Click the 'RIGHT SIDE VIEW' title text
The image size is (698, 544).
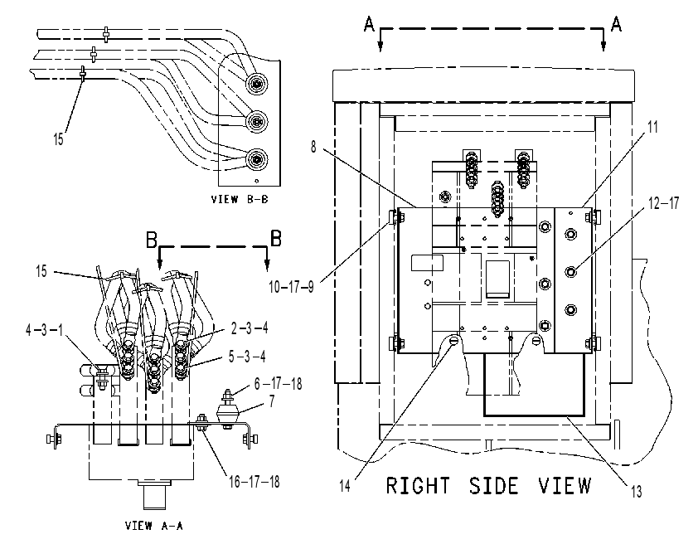coord(488,485)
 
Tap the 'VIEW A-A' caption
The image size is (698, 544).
coord(154,526)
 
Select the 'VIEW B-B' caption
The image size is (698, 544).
coord(240,199)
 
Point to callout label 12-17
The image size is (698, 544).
coord(663,203)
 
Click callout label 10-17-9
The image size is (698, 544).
coord(291,287)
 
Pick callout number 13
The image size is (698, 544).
coord(637,491)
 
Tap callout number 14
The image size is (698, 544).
coord(345,486)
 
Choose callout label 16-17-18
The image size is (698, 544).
coord(254,481)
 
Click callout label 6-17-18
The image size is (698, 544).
coord(278,383)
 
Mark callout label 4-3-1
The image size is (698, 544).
coord(44,330)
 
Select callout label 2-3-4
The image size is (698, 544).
coord(250,328)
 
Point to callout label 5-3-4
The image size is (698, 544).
coord(247,356)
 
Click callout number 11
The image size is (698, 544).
coord(652,127)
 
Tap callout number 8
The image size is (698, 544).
coord(313,147)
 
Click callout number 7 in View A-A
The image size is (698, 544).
coord(272,401)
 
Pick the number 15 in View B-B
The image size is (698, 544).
coord(58,138)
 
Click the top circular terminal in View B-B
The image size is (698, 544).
coord(256,83)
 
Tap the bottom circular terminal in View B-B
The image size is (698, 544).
coord(256,159)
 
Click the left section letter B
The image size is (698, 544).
coord(152,240)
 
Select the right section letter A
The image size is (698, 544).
coord(616,23)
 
